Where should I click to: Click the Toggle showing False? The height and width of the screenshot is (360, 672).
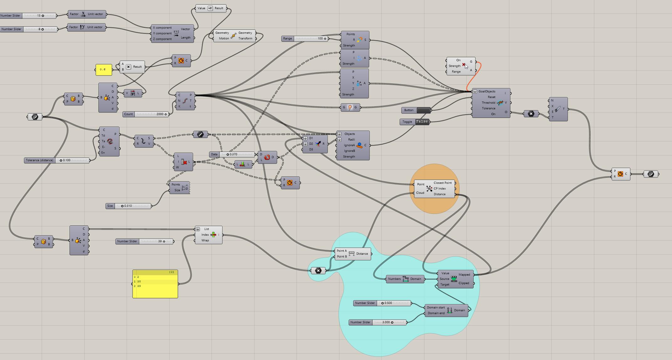[422, 122]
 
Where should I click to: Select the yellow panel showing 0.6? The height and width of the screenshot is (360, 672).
[104, 70]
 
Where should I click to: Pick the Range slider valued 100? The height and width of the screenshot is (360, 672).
[311, 39]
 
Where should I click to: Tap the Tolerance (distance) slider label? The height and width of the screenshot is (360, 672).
[39, 160]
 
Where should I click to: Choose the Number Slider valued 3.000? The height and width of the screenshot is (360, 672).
[389, 322]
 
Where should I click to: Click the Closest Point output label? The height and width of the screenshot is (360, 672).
[443, 183]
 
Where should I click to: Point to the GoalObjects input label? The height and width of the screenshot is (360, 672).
[487, 92]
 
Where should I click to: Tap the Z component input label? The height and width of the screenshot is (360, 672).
[162, 39]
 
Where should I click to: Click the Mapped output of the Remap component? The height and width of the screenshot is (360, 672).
[464, 275]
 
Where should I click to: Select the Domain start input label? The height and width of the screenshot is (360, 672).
[436, 308]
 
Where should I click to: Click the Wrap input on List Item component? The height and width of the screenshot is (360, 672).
[205, 241]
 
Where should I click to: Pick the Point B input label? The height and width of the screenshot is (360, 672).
[342, 257]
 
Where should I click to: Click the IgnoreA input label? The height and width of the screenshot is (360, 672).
[349, 145]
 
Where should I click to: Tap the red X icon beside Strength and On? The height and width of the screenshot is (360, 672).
[464, 65]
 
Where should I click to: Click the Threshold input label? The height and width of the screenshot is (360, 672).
[488, 103]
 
